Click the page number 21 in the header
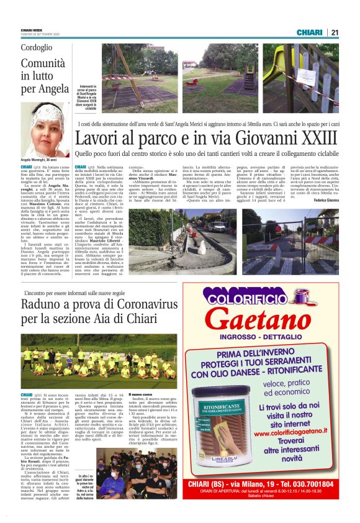pyautogui.click(x=334, y=32)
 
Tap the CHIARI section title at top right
pyautogui.click(x=310, y=32)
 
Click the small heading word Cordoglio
pyautogui.click(x=37, y=48)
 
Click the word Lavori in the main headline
pyautogui.click(x=97, y=139)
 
